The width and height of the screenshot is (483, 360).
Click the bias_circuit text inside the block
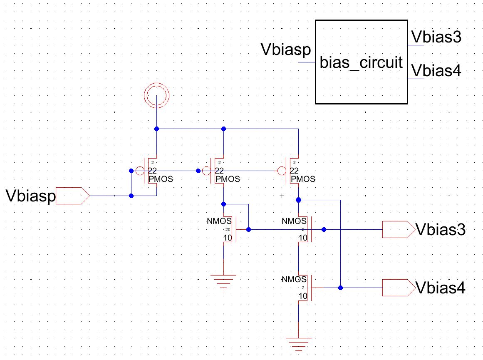tap(361, 63)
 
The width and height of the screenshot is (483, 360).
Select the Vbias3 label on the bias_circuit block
tap(436, 37)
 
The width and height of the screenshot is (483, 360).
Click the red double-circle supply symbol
tap(156, 94)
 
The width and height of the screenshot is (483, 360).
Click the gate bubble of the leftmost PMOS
tap(140, 171)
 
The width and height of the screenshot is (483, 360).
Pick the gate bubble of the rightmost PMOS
tap(282, 171)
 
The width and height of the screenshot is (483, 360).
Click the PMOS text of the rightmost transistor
tap(303, 179)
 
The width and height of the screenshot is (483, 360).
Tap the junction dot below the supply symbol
tap(156, 129)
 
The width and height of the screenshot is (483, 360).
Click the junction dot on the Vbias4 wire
tap(340, 288)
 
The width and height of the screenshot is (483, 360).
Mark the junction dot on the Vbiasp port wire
tap(131, 196)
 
